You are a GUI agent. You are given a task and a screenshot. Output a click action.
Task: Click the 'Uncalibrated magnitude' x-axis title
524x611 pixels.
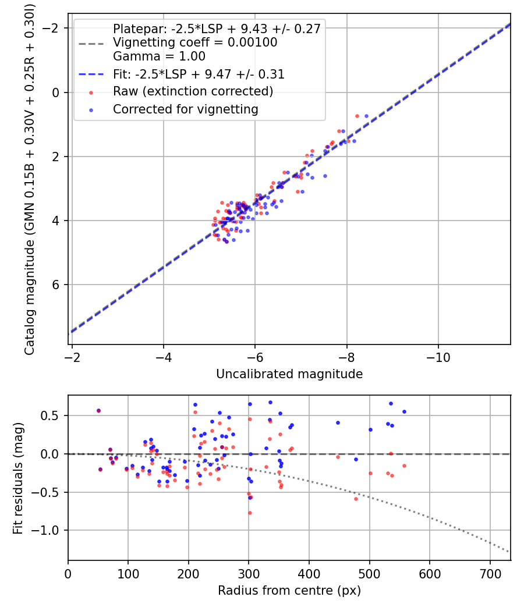point(289,374)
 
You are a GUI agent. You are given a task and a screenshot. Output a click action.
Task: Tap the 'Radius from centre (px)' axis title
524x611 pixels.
point(289,591)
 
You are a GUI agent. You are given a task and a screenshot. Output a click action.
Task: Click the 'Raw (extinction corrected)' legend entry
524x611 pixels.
point(193,91)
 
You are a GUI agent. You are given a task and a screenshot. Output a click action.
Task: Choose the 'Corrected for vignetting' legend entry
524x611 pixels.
point(185,109)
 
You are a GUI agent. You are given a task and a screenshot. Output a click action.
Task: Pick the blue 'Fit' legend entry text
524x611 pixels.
point(199,74)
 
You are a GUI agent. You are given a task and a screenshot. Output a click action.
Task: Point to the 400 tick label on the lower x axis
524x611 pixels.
point(309,574)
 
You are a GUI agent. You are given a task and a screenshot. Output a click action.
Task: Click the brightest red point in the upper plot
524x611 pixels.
point(357,116)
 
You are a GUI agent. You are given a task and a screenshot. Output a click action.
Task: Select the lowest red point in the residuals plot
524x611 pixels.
point(250,513)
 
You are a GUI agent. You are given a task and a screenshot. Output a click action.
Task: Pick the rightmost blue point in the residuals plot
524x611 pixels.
point(404,411)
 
